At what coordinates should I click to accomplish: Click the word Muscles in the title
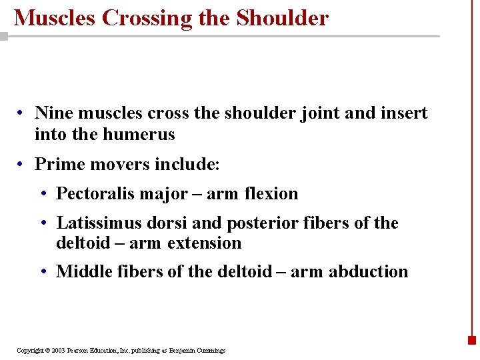point(55,18)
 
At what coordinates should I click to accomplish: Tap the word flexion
point(271,194)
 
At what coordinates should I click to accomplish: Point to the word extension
point(204,243)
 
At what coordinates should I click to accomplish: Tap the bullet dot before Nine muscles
point(22,114)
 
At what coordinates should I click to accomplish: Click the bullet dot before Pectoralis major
point(43,195)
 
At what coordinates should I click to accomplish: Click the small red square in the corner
point(472,340)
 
